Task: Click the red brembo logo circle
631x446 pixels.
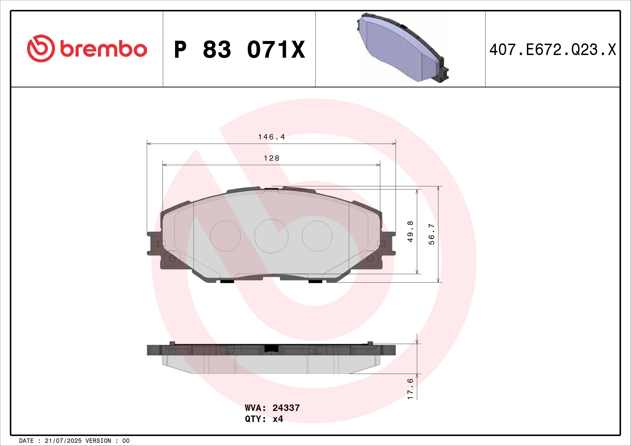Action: (x=41, y=48)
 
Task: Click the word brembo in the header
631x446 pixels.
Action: (x=103, y=49)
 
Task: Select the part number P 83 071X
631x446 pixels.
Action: (x=239, y=50)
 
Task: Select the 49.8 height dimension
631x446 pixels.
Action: (x=410, y=231)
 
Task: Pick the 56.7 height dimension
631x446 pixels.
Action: (x=432, y=234)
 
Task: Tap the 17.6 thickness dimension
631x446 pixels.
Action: (x=410, y=389)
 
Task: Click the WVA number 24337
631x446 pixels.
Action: (x=286, y=408)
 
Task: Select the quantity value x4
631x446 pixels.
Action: (x=278, y=419)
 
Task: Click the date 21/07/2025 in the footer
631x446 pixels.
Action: (x=63, y=441)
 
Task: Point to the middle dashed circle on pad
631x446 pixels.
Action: (x=271, y=236)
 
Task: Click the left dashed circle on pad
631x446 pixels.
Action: (x=225, y=236)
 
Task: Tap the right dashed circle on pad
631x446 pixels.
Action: (x=317, y=236)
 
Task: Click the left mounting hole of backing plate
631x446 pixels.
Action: (x=172, y=258)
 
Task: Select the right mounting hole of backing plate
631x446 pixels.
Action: (x=370, y=258)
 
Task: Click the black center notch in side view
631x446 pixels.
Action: (x=271, y=348)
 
